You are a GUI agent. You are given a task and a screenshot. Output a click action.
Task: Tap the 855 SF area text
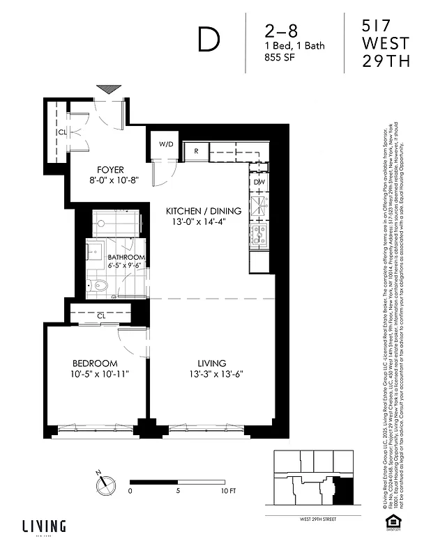click(280, 59)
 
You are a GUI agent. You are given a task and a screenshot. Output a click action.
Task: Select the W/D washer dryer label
click(166, 145)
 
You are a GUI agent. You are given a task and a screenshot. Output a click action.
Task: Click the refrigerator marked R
click(197, 150)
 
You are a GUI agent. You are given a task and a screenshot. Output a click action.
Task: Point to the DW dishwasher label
click(259, 182)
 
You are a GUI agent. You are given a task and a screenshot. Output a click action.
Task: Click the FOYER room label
click(110, 169)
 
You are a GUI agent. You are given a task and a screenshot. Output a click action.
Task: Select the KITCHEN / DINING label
click(203, 211)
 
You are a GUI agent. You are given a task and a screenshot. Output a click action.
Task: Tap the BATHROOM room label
click(126, 257)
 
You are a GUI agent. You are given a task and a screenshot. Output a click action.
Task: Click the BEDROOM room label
click(95, 363)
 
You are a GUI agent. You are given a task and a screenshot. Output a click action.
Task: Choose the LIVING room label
click(211, 363)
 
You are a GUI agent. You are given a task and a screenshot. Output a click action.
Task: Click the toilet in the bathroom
click(100, 284)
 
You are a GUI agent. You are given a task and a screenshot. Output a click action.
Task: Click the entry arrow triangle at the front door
click(109, 89)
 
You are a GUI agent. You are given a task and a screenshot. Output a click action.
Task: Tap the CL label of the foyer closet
click(62, 132)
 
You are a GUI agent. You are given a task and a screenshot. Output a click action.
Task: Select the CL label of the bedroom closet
click(101, 315)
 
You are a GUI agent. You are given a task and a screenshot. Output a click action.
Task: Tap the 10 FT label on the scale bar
click(228, 491)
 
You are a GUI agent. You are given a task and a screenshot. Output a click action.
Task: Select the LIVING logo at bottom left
click(43, 526)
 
